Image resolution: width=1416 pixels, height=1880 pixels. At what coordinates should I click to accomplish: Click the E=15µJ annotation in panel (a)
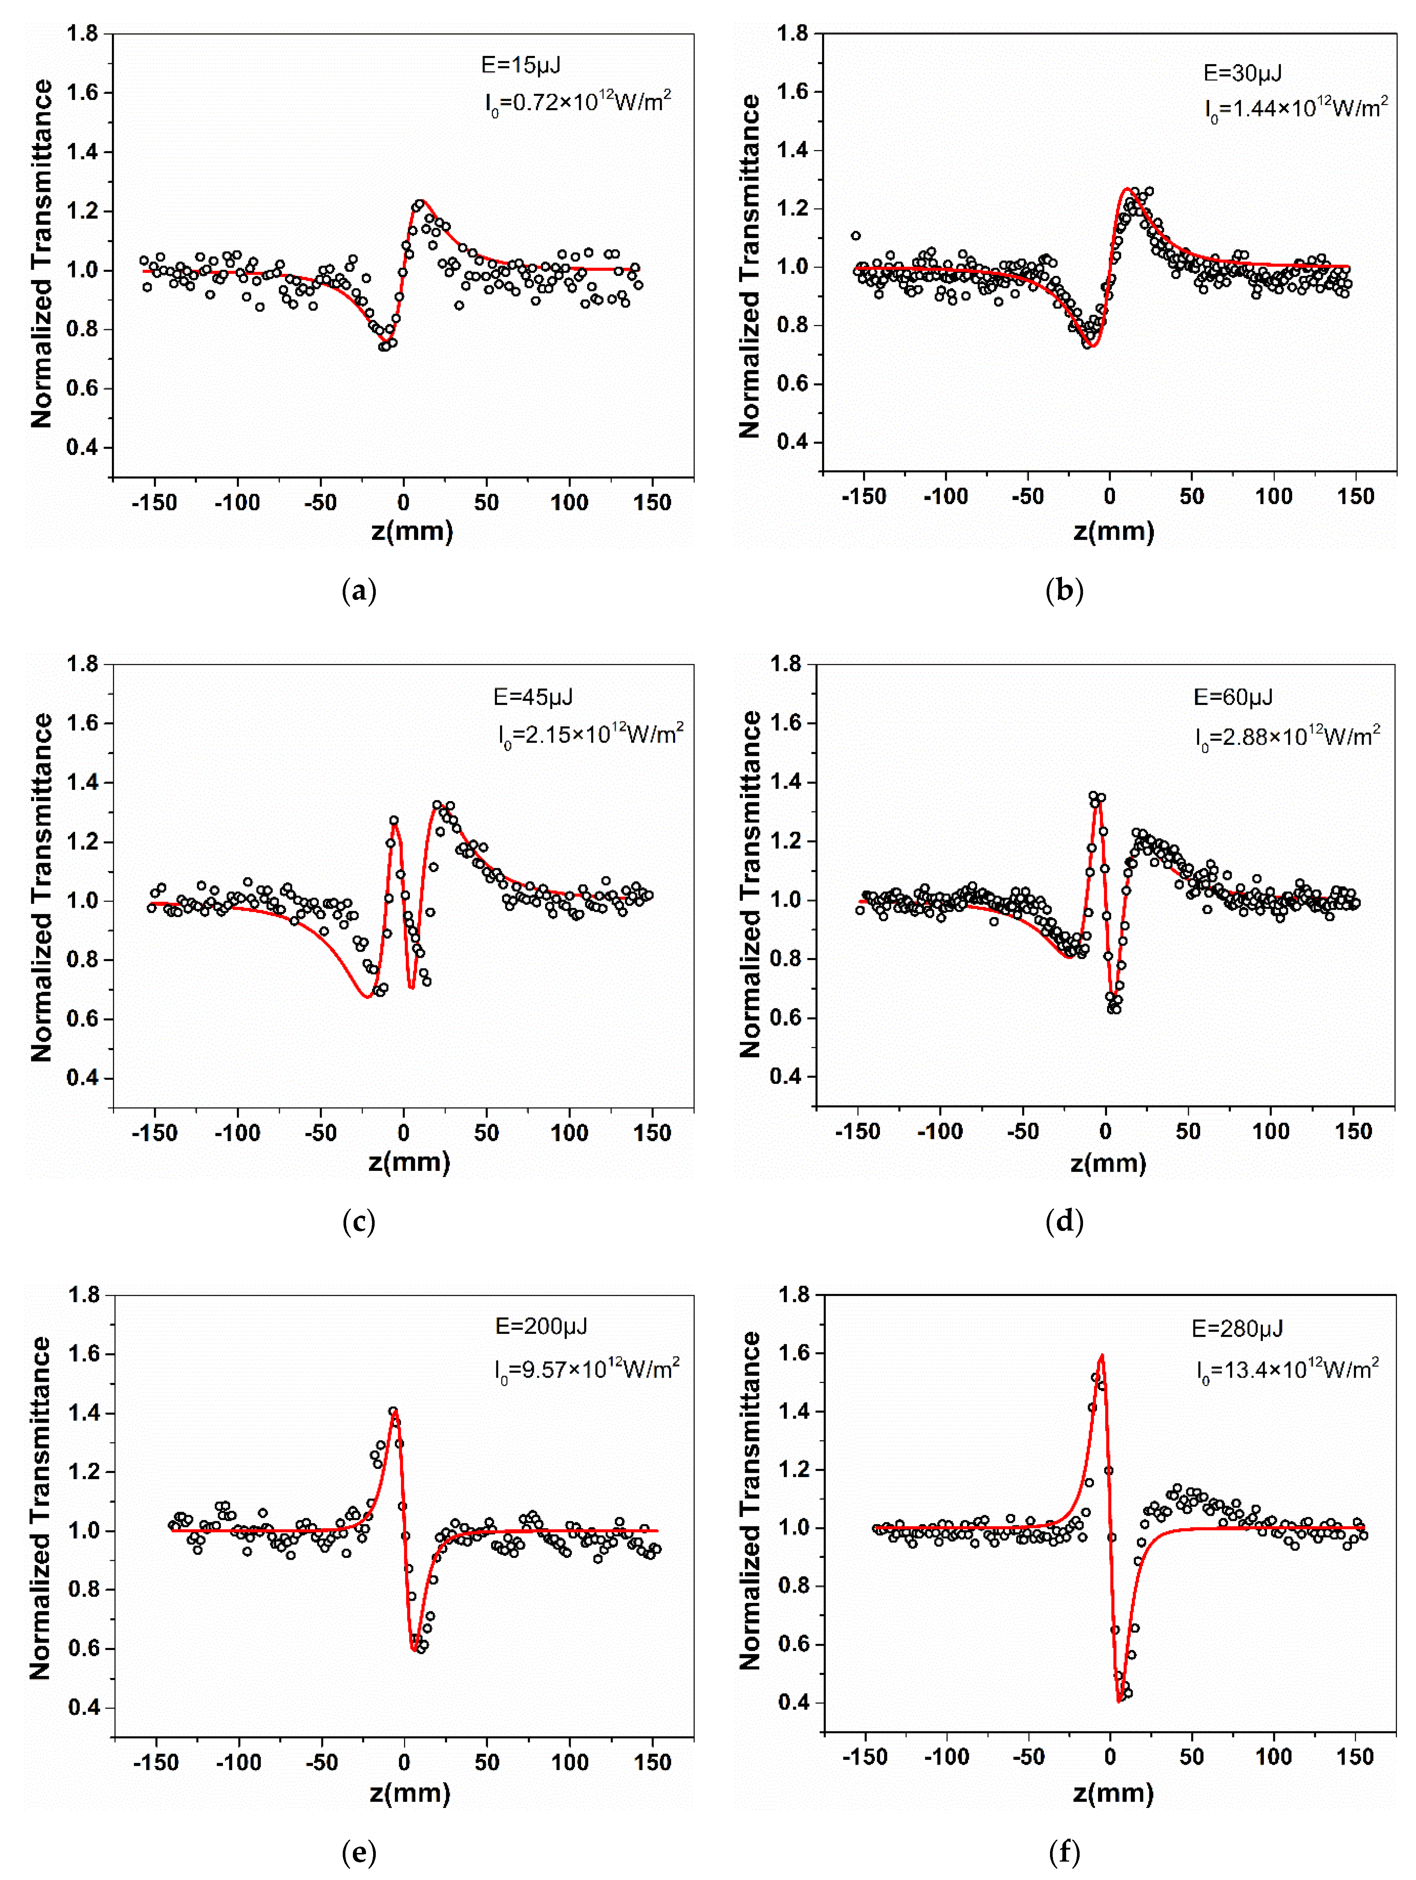coord(520,65)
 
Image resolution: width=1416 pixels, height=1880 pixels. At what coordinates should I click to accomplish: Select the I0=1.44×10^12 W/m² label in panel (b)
coord(1295,109)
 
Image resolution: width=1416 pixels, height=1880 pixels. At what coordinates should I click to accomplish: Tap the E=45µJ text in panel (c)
coord(533,697)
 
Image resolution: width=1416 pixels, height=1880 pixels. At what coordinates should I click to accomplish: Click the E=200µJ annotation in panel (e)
coord(541,1326)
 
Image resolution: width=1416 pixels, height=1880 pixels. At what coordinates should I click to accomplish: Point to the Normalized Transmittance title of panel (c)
coord(41,886)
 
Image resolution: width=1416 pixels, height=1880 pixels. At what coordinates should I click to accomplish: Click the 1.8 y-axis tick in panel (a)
coord(83,34)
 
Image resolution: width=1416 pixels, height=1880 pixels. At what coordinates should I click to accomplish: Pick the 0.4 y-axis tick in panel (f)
coord(794,1702)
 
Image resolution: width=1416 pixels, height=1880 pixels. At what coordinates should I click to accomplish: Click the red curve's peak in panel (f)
coord(1103,1355)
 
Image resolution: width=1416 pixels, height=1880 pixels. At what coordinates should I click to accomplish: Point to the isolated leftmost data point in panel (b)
coord(856,235)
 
